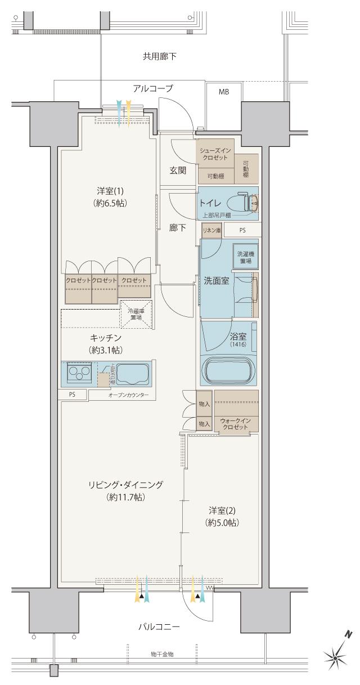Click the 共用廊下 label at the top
160,56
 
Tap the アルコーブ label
152,88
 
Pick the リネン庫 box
212,230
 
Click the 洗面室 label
216,281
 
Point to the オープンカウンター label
129,396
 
